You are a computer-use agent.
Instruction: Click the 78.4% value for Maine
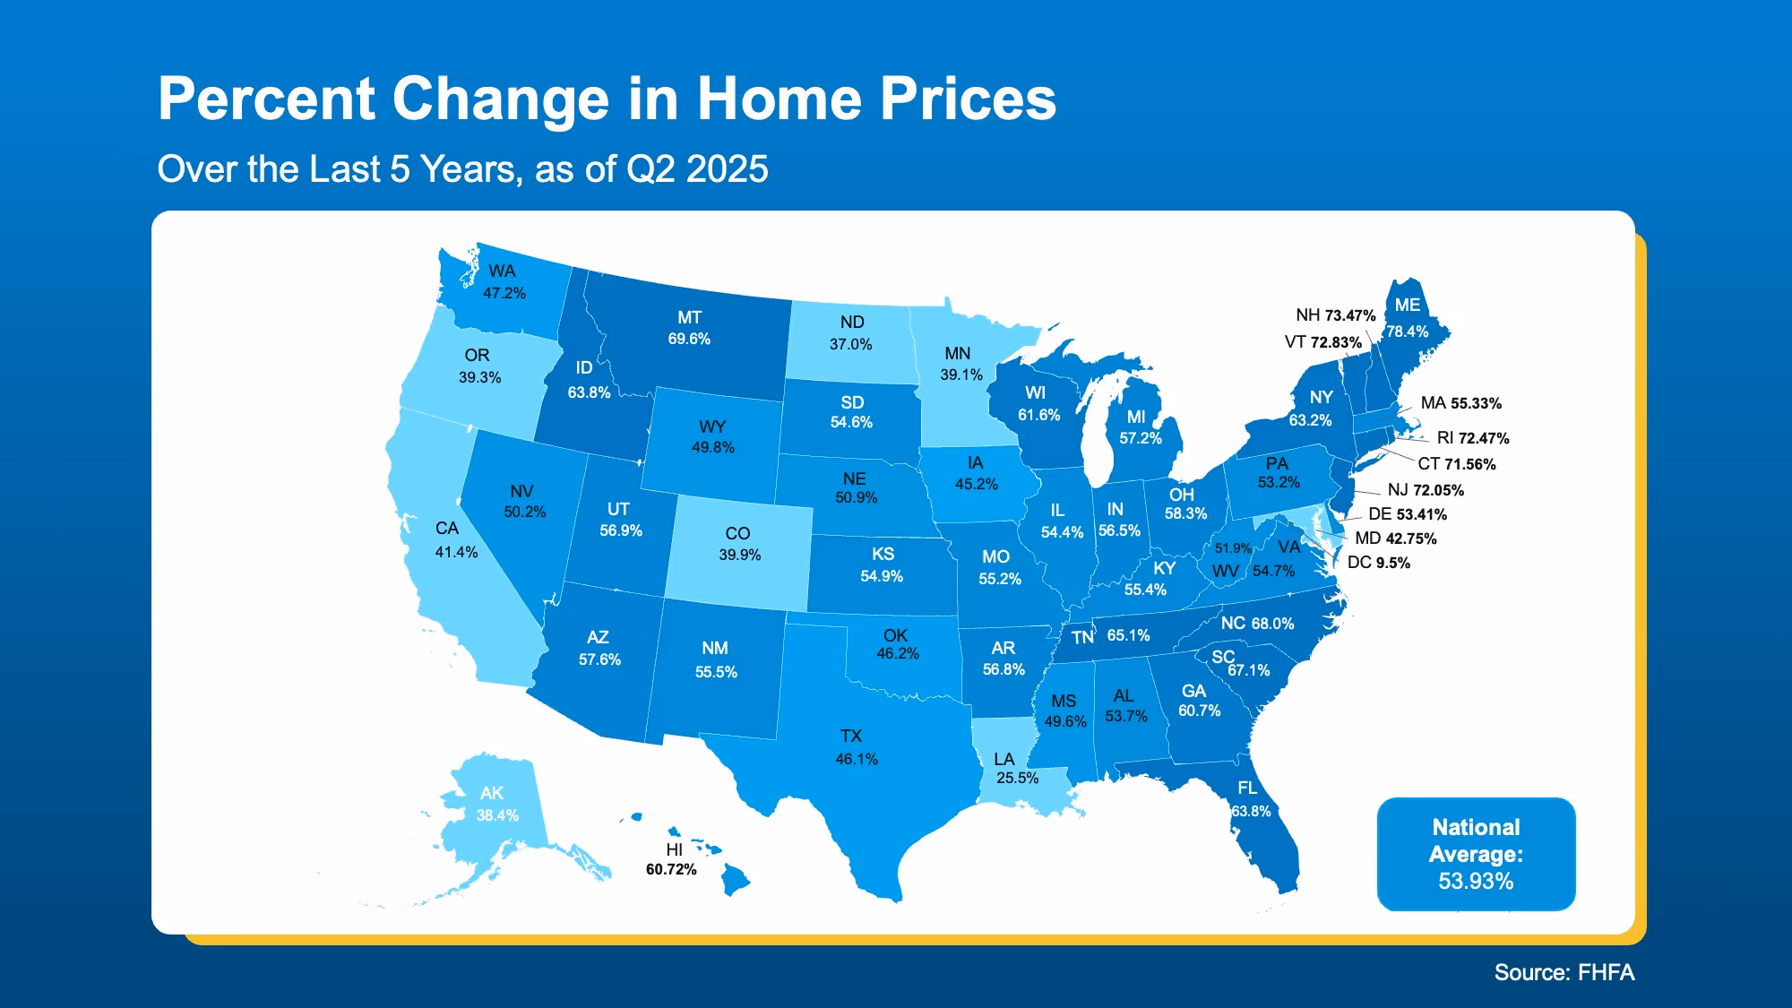(x=1407, y=332)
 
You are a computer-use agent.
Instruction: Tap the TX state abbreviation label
(x=850, y=736)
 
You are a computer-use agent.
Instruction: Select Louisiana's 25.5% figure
(x=1017, y=778)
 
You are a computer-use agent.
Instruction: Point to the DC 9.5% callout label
(x=1378, y=563)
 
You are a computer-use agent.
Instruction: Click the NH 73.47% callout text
(x=1335, y=315)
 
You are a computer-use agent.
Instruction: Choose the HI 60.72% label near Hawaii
(x=671, y=859)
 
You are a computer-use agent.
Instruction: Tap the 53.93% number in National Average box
(x=1476, y=881)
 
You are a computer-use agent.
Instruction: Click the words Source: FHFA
(x=1564, y=972)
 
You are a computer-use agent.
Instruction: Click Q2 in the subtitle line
(x=651, y=169)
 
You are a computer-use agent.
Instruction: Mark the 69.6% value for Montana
(x=688, y=339)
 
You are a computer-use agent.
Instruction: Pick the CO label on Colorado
(x=737, y=533)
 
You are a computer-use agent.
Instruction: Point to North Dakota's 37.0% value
(x=850, y=344)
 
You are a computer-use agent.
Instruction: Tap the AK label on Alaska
(x=491, y=793)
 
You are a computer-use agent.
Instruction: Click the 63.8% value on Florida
(x=1250, y=811)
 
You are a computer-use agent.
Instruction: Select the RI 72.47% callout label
(x=1472, y=438)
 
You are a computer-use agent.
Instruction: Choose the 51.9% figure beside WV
(x=1233, y=547)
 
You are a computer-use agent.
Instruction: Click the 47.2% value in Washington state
(x=504, y=293)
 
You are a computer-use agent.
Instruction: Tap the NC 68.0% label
(x=1257, y=623)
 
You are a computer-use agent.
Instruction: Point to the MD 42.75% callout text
(x=1395, y=538)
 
